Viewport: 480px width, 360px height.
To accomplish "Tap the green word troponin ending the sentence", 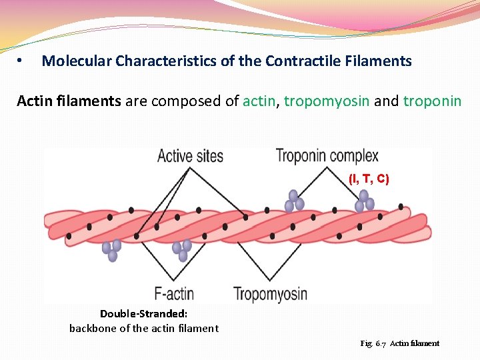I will click(x=432, y=101).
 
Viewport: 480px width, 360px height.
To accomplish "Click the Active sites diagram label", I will click(x=190, y=157).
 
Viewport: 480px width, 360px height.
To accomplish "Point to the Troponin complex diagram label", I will click(x=327, y=157).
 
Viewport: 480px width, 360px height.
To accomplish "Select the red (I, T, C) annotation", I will click(x=369, y=179).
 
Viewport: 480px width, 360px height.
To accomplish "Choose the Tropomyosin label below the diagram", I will click(x=270, y=293).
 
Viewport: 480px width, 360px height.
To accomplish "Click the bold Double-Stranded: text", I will click(x=143, y=313).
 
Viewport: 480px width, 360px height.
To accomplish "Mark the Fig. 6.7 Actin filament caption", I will click(x=399, y=343).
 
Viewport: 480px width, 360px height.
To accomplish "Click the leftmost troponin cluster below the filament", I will click(x=111, y=249).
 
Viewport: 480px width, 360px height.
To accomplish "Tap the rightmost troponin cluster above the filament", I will click(x=365, y=201).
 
